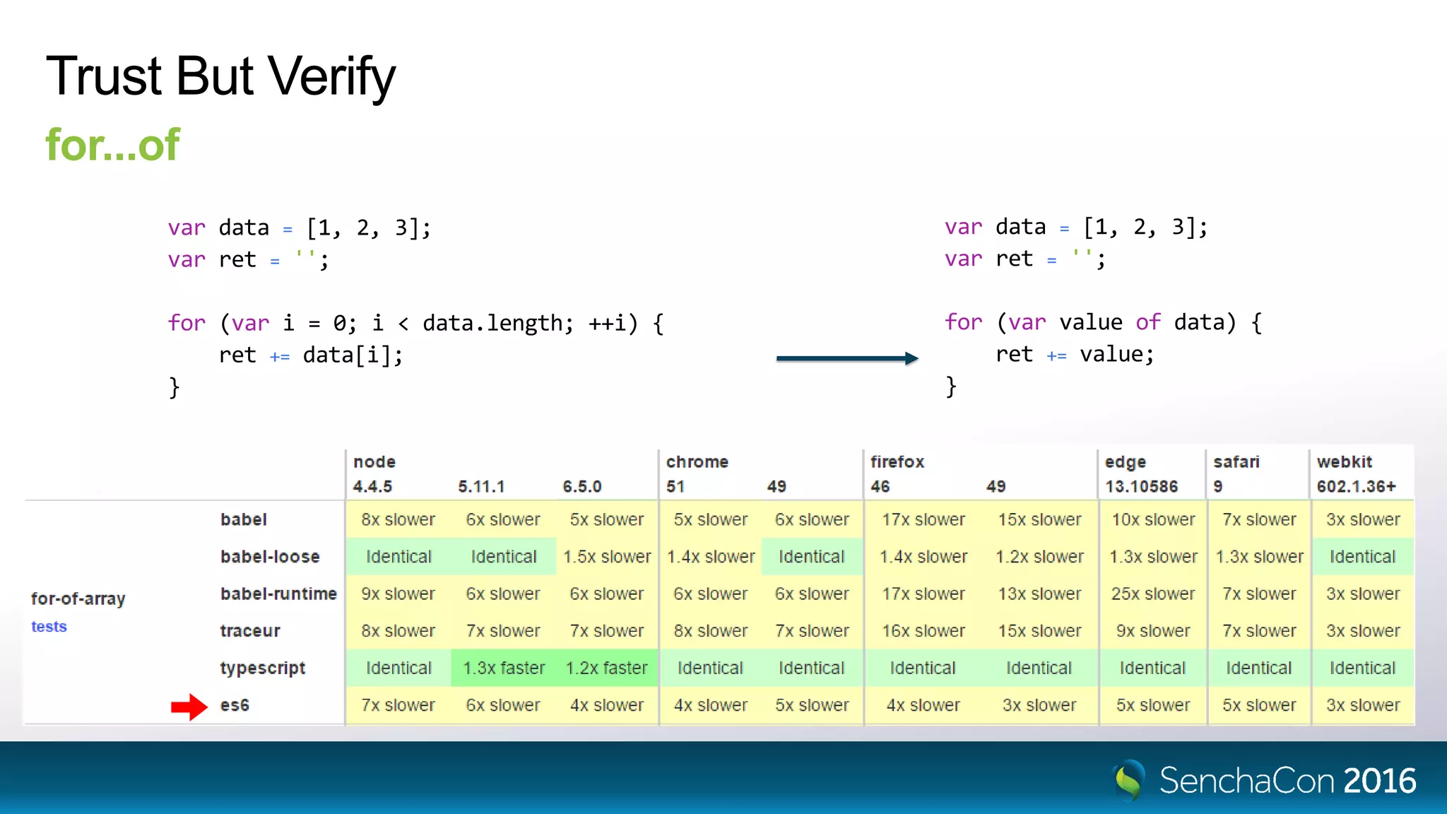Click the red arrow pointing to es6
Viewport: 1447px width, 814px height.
[189, 706]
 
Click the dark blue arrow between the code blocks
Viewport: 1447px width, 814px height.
[846, 358]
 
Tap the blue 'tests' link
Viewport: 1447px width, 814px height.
[49, 627]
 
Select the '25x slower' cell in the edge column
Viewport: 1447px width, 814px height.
[1152, 594]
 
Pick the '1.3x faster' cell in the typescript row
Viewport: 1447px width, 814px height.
[504, 668]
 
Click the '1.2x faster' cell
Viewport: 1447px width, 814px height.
[606, 668]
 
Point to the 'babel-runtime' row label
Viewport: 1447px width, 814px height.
[278, 594]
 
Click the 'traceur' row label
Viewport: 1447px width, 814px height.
[250, 631]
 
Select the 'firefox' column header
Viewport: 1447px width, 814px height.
[897, 462]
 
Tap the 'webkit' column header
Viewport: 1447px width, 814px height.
[1344, 462]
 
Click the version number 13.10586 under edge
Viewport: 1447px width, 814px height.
[1141, 487]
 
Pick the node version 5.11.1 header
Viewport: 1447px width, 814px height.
[481, 487]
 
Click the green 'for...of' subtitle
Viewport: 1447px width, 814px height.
[113, 145]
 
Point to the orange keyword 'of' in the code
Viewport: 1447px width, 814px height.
[1148, 322]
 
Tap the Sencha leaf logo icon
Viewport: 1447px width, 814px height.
[1128, 780]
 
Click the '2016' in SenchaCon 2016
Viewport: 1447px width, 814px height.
[1379, 781]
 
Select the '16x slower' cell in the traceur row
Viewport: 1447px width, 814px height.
[923, 631]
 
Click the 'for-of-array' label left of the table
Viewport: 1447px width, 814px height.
[78, 599]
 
